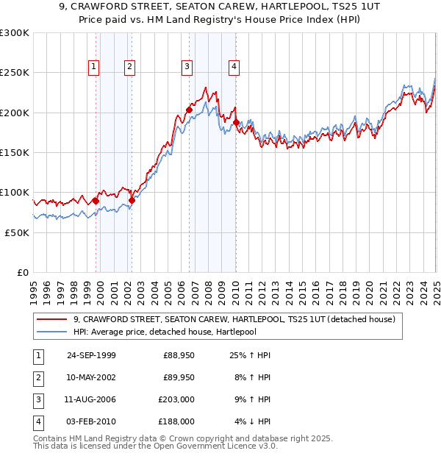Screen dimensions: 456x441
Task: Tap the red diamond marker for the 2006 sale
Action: [189, 110]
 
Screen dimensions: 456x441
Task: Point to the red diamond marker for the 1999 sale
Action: [96, 201]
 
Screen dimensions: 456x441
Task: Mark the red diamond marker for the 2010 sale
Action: [236, 122]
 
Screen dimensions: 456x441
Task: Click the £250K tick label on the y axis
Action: [15, 73]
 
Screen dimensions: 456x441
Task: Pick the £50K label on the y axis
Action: [16, 232]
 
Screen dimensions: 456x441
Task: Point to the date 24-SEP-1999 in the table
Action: [91, 356]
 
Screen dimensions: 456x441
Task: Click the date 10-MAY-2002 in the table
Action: [91, 378]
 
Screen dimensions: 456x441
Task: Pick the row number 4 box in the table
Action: [37, 422]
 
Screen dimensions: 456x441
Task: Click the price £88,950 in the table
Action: [179, 356]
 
